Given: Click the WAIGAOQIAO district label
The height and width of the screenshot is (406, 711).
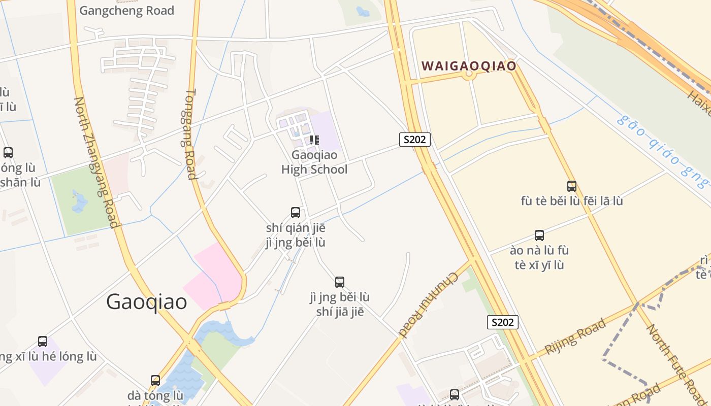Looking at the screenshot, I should (x=469, y=66).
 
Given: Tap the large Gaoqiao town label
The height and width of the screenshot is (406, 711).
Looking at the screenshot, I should (x=147, y=302).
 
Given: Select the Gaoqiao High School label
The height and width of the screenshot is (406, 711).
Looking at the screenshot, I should (x=314, y=162).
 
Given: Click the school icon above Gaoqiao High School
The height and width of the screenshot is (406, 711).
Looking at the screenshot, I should (x=314, y=140).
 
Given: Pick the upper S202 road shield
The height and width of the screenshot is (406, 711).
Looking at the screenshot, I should (x=415, y=140).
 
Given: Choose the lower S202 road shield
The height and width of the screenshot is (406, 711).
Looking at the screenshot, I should (x=503, y=322).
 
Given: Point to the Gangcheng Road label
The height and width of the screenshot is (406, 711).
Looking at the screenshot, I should (x=127, y=11).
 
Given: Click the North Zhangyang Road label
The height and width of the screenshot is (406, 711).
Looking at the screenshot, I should (x=96, y=162).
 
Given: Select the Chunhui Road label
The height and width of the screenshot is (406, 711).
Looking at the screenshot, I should (x=429, y=304).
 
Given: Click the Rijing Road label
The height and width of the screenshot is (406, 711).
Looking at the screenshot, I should (x=575, y=336).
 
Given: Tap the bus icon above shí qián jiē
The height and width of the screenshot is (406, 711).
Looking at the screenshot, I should (x=296, y=212).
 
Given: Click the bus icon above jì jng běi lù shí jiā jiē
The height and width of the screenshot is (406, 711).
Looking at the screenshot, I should (x=340, y=282).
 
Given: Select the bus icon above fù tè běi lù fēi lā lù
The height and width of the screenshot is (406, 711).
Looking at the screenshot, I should (x=572, y=186).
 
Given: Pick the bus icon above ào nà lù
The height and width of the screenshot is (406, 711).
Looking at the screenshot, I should (x=539, y=235).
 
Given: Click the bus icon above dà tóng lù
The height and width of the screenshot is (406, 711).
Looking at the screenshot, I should (x=155, y=380).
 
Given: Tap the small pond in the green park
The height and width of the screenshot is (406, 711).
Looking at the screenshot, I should (x=79, y=201).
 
